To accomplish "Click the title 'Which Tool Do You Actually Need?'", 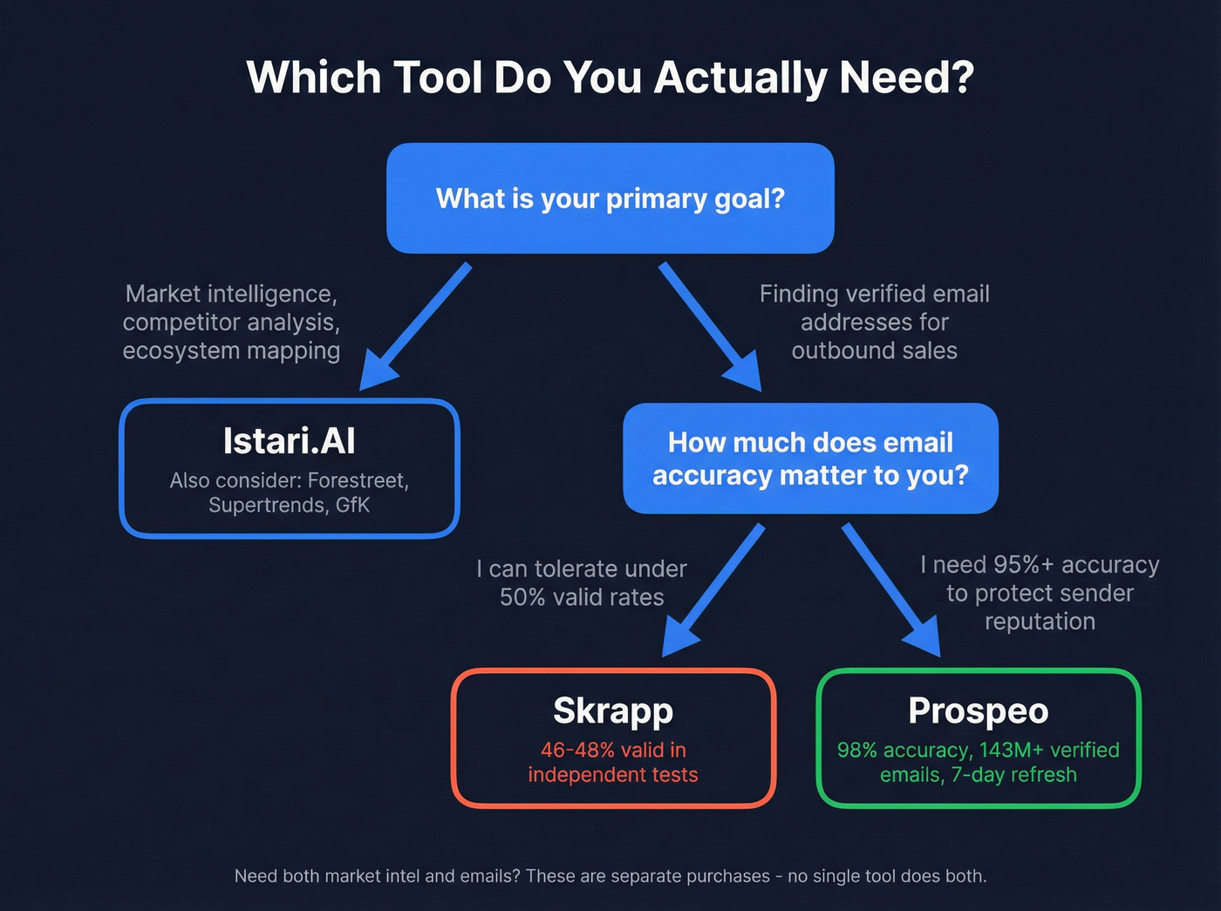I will point(610,78).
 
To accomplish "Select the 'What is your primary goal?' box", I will point(610,199).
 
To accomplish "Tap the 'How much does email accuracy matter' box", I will point(810,459).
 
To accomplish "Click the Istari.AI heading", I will point(289,441).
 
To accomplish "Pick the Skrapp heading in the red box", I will point(613,711).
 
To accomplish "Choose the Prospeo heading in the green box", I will point(978,711).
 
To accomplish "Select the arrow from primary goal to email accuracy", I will point(709,326).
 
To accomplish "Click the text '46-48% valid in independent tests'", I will point(613,762).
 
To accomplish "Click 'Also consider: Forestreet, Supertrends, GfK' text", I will point(289,493).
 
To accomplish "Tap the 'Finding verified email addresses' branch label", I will point(874,322).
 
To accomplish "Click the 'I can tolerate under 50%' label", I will point(582,582).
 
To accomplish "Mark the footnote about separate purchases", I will point(610,876).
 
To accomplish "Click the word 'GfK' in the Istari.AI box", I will point(352,506).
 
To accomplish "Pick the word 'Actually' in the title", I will point(740,78).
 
